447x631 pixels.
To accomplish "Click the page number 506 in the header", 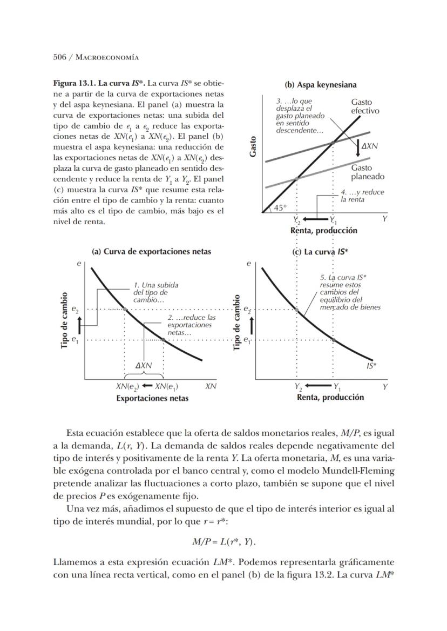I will click(59, 57).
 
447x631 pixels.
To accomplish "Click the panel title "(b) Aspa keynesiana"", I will click(320, 85).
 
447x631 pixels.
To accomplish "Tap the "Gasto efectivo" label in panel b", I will click(364, 106).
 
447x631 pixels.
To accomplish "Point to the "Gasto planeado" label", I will click(367, 172).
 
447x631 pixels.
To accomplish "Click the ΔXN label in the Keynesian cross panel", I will click(370, 146).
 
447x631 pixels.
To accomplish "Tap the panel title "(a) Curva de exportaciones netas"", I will click(152, 251).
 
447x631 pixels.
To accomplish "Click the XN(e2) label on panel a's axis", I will click(127, 387).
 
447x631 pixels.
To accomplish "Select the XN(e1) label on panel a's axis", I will click(167, 387).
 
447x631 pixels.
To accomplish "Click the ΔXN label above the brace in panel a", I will click(144, 366).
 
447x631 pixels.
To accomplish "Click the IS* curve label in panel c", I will click(371, 366).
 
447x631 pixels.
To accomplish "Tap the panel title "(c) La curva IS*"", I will click(320, 251).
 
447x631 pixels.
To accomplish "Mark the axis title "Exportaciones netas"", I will click(152, 398).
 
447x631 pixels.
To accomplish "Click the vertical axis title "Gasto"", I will click(253, 146).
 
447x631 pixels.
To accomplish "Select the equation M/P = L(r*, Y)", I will click(223, 541).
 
